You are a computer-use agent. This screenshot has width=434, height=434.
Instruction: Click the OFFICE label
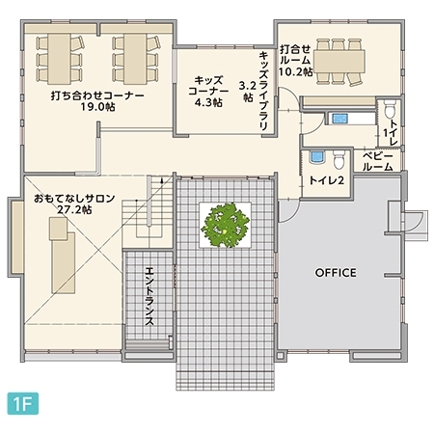336,273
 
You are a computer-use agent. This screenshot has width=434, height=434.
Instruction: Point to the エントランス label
150,299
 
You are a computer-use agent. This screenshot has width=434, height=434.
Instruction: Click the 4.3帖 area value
208,101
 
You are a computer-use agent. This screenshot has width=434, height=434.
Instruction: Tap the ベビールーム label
378,161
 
